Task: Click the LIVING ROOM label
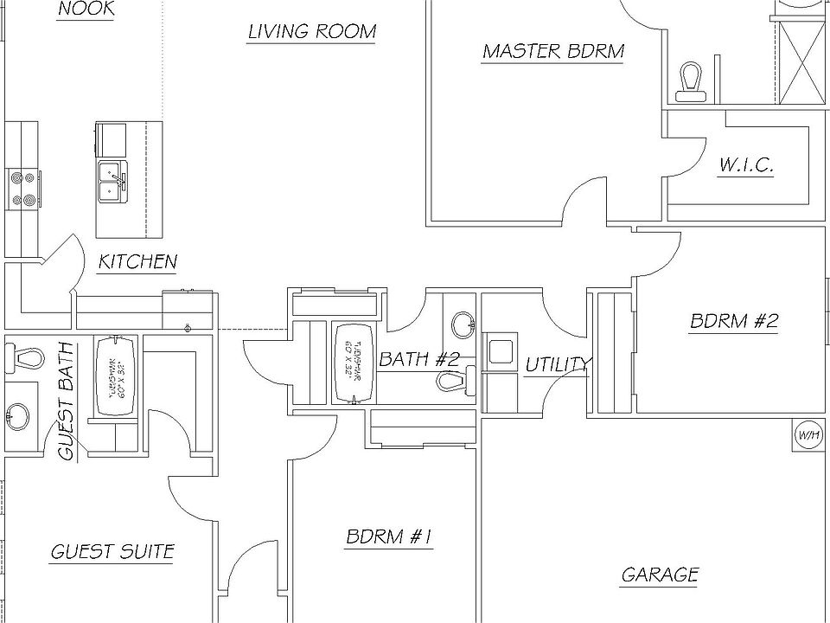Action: [x=311, y=33]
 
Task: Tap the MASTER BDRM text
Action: [x=552, y=51]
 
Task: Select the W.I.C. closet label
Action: [x=745, y=165]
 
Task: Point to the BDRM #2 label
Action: [x=734, y=322]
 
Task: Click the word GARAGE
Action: [x=660, y=575]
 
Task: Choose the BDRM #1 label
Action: [x=388, y=537]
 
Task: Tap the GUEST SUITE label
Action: [x=112, y=551]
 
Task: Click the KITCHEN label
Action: [x=137, y=261]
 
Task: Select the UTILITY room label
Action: [x=558, y=365]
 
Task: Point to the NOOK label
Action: [x=86, y=10]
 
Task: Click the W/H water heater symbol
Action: [x=808, y=434]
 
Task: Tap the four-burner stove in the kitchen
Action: [x=22, y=188]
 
